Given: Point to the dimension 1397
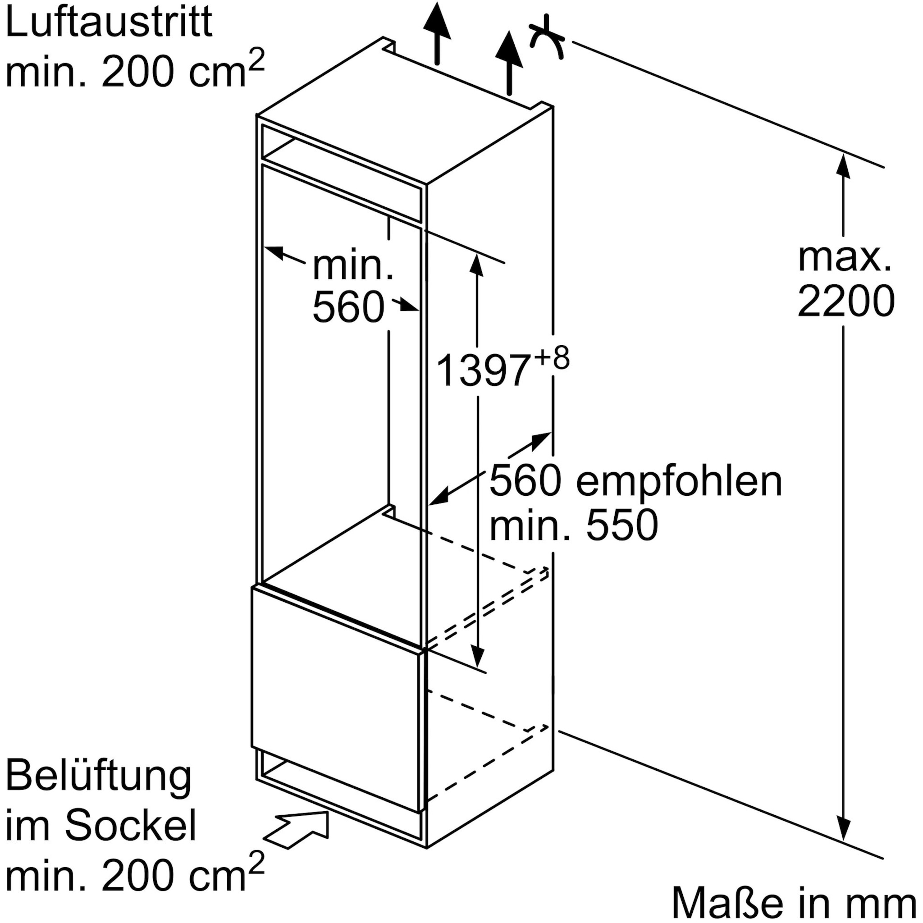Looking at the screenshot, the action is [483, 370].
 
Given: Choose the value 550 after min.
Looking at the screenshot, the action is [622, 525].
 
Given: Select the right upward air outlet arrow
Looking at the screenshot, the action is [509, 62].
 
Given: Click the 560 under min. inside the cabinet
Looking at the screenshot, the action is [348, 308].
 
